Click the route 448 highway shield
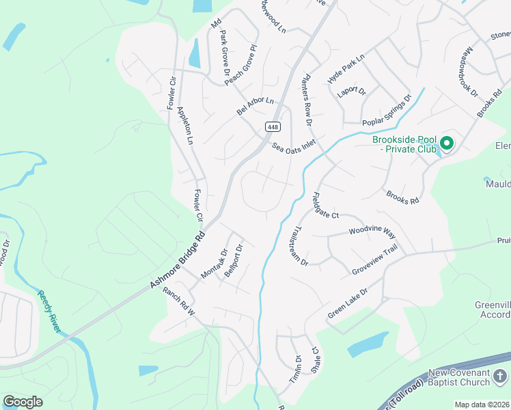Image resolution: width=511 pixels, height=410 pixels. [273, 127]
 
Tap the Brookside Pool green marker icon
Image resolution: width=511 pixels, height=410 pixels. [447, 143]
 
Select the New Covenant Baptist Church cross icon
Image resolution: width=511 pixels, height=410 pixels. [500, 376]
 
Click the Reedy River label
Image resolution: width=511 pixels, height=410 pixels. [49, 312]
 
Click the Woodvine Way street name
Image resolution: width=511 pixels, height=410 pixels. [372, 232]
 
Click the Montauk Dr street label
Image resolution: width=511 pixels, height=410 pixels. [214, 264]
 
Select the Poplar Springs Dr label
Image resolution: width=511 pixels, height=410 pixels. [387, 109]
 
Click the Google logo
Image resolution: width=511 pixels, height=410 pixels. [23, 402]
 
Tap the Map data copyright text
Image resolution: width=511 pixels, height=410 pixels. [482, 405]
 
